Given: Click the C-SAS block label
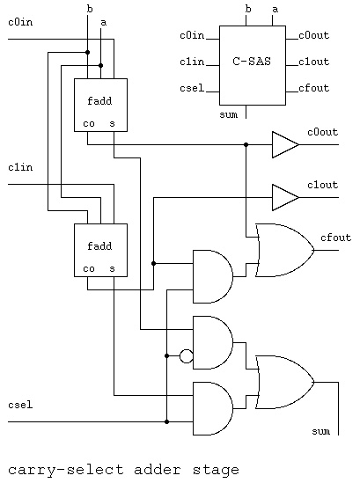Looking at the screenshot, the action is (x=252, y=62).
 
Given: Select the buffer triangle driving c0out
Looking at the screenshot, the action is (x=285, y=144).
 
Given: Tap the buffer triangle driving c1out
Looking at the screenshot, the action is (x=285, y=197).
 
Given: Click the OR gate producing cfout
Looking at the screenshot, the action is (x=285, y=250).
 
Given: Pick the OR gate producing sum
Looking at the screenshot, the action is (x=285, y=383).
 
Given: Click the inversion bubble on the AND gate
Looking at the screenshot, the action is (x=187, y=356).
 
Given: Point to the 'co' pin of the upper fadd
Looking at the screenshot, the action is (x=89, y=124).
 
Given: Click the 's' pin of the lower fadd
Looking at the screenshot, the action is (x=112, y=269).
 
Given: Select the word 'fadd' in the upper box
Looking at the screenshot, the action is (x=99, y=100).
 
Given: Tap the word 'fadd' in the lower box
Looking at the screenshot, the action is (x=99, y=245).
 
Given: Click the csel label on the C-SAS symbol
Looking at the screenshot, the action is (x=192, y=88).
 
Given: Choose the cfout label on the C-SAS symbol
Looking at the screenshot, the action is (x=313, y=88).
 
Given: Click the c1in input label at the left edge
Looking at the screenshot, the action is (x=20, y=167).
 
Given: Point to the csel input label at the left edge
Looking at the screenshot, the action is (x=20, y=405).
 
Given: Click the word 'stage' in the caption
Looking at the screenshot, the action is (x=216, y=470).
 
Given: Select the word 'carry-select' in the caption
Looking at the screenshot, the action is (x=66, y=471).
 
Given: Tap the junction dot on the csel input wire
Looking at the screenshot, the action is (x=166, y=422).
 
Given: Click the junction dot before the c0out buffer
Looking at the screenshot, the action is (x=246, y=144).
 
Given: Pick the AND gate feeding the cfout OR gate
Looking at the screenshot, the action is (x=213, y=276).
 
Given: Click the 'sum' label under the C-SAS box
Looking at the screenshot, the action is (x=228, y=115).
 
